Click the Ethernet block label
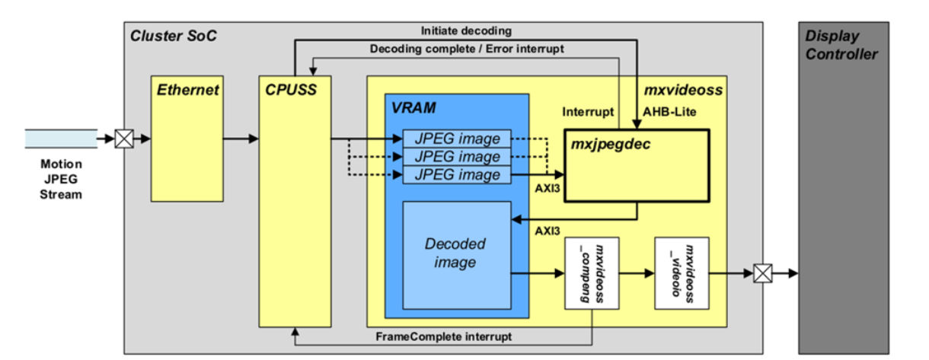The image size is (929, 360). tap(187, 90)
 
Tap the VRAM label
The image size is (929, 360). tap(414, 107)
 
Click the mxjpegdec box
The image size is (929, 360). tap(635, 166)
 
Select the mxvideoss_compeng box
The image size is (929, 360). tap(590, 273)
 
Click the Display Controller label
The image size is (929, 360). tap(842, 45)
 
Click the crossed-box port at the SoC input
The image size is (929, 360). tap(124, 139)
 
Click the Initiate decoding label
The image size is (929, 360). tap(466, 30)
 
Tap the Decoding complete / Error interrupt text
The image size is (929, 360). tap(467, 49)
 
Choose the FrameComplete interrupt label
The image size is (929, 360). tap(444, 336)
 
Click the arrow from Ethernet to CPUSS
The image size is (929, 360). tap(240, 139)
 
